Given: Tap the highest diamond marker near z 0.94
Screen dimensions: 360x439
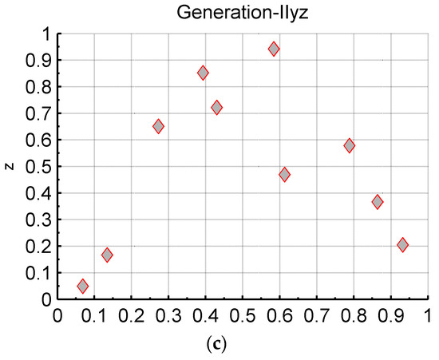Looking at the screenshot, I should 274,49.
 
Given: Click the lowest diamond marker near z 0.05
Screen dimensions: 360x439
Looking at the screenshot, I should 83,286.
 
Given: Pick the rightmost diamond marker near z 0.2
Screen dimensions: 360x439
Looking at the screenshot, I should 402,245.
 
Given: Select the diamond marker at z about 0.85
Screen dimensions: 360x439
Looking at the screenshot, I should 203,73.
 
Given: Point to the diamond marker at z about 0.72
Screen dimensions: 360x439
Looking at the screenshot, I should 217,107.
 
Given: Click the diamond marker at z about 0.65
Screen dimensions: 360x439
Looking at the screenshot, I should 158,126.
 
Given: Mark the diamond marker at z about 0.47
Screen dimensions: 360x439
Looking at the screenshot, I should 284,174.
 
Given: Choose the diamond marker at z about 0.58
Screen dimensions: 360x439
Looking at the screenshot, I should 349,146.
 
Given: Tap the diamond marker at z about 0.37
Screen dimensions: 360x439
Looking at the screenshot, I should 377,202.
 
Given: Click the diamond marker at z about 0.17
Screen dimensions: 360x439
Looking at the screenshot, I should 107,255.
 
